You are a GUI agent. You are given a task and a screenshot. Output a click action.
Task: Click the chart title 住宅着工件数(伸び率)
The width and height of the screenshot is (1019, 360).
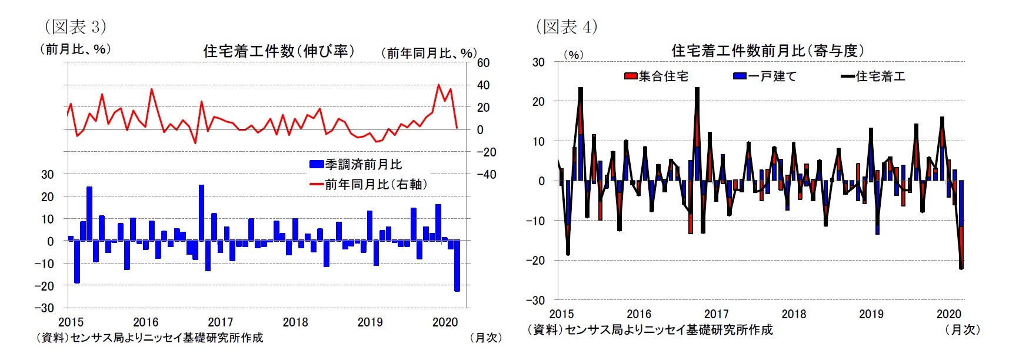tap(279, 51)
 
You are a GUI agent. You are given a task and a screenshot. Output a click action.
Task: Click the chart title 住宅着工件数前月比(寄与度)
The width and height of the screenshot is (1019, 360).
tap(767, 51)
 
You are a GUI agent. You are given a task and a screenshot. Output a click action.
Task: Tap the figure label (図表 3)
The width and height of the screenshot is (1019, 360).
tap(75, 26)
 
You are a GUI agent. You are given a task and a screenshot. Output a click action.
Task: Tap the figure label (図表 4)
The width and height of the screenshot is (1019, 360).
tap(567, 26)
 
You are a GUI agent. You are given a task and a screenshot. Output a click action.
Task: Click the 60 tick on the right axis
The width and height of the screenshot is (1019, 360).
tap(483, 63)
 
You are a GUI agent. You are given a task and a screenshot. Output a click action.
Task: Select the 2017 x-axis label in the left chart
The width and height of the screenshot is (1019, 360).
tap(220, 322)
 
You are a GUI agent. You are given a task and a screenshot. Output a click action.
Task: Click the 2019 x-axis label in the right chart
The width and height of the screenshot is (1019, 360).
tap(871, 314)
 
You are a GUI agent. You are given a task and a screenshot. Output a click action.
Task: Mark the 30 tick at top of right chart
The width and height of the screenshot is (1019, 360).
tap(538, 62)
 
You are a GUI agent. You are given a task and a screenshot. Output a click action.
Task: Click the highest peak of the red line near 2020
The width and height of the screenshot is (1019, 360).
tap(438, 85)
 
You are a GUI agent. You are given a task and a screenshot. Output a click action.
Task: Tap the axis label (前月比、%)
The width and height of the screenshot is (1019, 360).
tap(75, 49)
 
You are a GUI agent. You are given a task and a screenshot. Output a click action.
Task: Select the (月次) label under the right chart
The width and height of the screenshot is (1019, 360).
tap(962, 329)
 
